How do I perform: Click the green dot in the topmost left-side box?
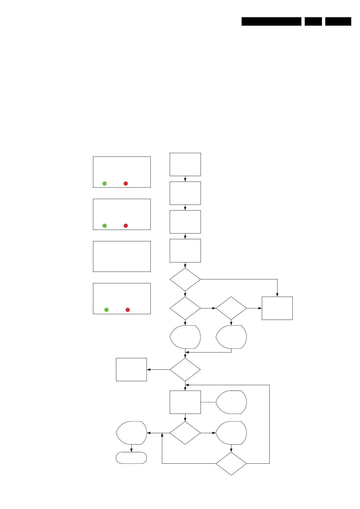pyautogui.click(x=104, y=183)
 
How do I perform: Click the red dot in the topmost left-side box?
pyautogui.click(x=126, y=183)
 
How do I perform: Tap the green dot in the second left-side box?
pyautogui.click(x=104, y=226)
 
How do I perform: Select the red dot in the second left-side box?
pyautogui.click(x=126, y=226)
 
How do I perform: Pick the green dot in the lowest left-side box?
pyautogui.click(x=106, y=310)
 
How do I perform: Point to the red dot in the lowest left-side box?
pyautogui.click(x=127, y=310)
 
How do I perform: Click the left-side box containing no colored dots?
pyautogui.click(x=122, y=256)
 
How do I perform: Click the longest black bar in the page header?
pyautogui.click(x=271, y=21)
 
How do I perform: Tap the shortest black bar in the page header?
pyautogui.click(x=313, y=21)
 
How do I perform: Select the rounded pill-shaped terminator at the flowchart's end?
pyautogui.click(x=131, y=458)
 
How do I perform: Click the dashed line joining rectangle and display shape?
pyautogui.click(x=208, y=402)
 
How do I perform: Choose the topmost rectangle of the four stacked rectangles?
pyautogui.click(x=185, y=164)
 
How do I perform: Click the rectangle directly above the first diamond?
pyautogui.click(x=185, y=250)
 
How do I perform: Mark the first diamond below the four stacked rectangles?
pyautogui.click(x=185, y=279)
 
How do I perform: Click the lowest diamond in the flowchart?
pyautogui.click(x=231, y=463)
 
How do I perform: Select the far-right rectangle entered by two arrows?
pyautogui.click(x=277, y=308)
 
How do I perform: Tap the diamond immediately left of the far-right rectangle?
pyautogui.click(x=231, y=308)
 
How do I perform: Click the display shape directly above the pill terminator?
pyautogui.click(x=132, y=433)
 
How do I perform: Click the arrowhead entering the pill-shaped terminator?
pyautogui.click(x=131, y=451)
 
